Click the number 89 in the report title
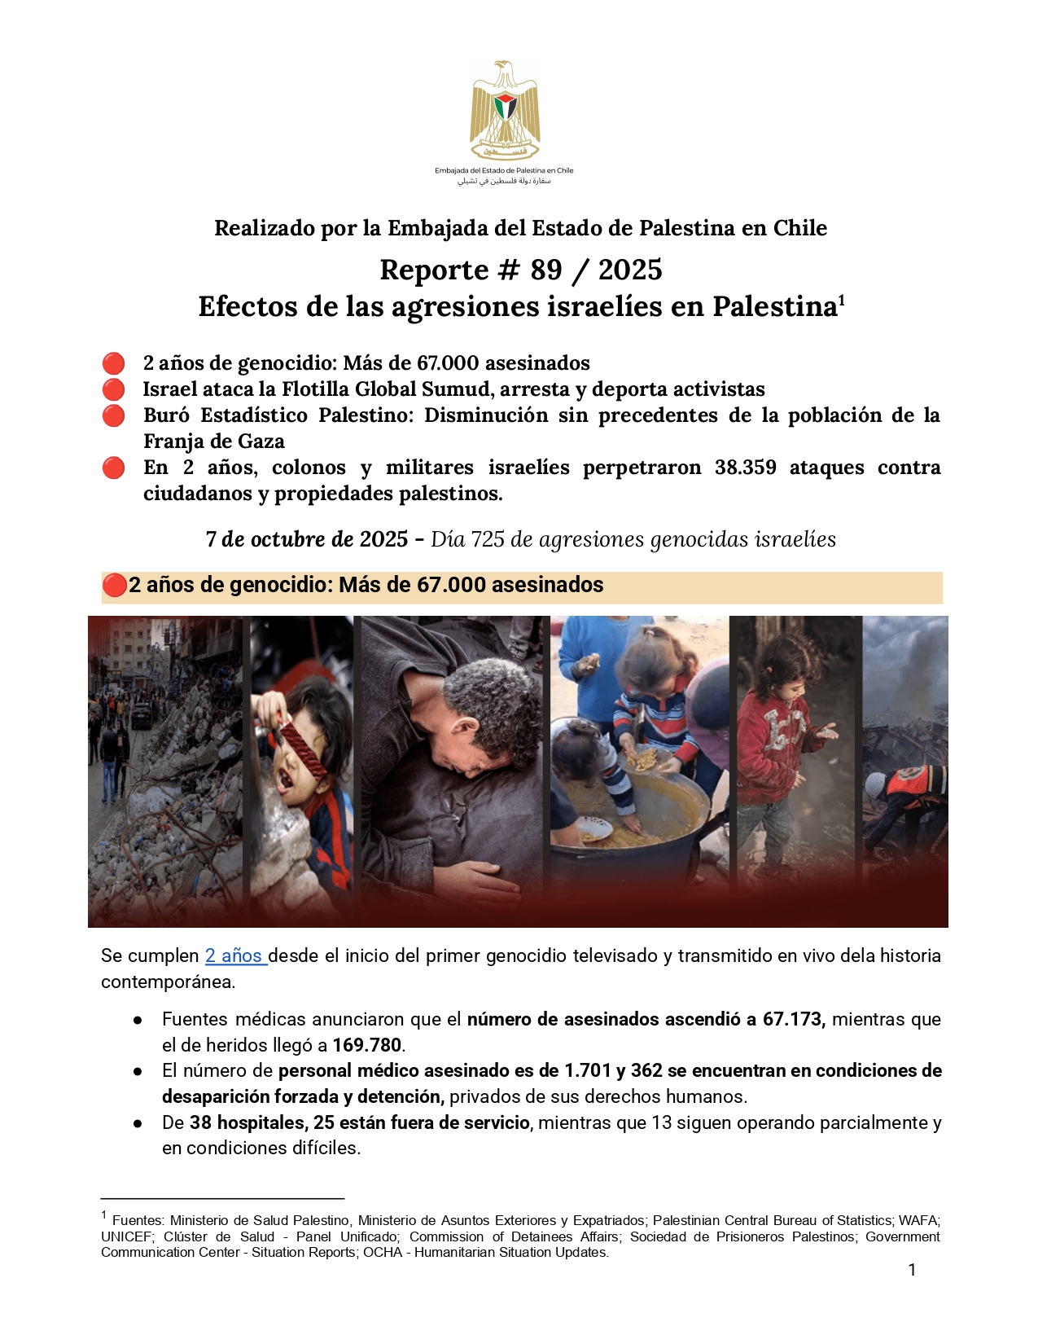[x=545, y=270]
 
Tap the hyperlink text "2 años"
[x=234, y=956]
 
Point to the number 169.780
[x=367, y=1046]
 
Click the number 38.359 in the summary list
[x=745, y=468]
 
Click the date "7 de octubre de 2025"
[x=306, y=539]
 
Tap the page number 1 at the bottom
[x=912, y=1270]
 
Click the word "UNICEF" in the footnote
[x=126, y=1236]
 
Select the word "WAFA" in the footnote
[x=918, y=1220]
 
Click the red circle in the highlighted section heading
[x=115, y=585]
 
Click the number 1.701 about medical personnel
[x=587, y=1071]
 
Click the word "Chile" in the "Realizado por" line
[x=799, y=228]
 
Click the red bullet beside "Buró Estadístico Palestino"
[x=114, y=415]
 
